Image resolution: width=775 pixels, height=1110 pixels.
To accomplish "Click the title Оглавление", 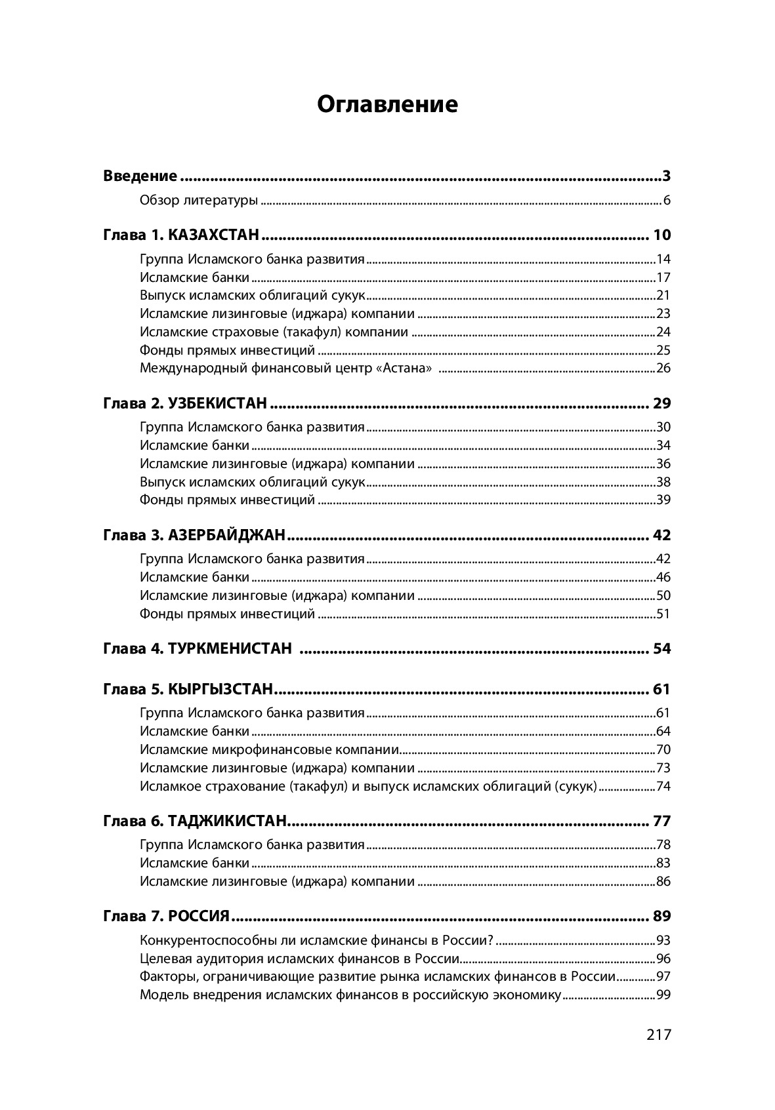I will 387,104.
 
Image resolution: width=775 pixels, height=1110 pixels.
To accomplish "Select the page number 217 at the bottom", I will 659,1035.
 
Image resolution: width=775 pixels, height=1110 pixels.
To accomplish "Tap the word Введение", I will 140,176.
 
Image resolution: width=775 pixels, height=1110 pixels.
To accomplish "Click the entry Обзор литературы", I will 199,201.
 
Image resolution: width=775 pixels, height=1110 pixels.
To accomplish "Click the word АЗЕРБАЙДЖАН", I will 227,535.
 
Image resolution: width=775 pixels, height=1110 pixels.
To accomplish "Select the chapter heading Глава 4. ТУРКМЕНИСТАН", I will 198,649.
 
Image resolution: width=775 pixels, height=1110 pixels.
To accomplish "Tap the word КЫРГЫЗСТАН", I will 220,689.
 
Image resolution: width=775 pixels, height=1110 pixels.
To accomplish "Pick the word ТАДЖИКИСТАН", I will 228,821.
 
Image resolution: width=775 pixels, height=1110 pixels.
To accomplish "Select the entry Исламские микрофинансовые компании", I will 270,750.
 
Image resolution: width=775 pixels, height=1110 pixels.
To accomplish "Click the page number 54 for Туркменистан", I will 662,649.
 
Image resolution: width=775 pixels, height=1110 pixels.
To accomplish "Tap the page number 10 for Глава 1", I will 662,235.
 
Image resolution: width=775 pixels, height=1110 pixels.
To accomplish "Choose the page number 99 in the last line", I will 663,995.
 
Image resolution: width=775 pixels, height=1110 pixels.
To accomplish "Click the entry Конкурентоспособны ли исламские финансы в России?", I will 317,940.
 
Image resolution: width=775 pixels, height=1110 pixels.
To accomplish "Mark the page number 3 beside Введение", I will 666,176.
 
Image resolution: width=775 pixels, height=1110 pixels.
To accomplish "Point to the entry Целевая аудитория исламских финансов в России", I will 299,959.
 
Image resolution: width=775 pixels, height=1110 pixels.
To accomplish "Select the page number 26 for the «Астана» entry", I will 663,368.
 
